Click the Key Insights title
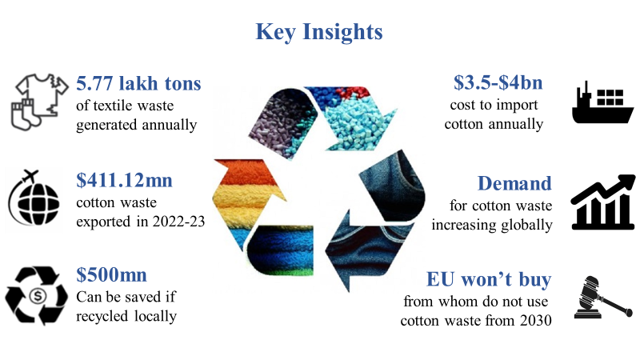[x=319, y=32]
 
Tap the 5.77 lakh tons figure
[x=138, y=84]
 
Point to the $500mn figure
[x=112, y=276]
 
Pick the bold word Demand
[x=514, y=183]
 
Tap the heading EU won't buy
[x=488, y=280]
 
